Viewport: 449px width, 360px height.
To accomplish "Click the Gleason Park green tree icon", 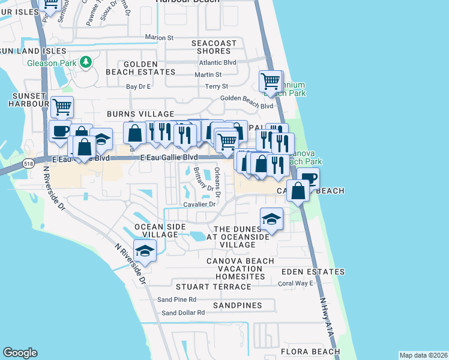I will [x=86, y=62].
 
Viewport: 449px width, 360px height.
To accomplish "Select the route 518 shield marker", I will [x=28, y=163].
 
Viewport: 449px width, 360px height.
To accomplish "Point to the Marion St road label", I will [x=159, y=38].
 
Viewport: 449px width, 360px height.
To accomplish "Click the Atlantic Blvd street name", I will [x=217, y=62].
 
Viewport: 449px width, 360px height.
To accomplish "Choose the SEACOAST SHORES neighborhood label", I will [x=214, y=47].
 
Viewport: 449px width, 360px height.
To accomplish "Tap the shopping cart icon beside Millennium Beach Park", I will [x=271, y=82].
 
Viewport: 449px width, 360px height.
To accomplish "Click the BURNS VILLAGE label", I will [x=140, y=114].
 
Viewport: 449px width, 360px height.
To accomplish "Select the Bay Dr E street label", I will [x=139, y=86].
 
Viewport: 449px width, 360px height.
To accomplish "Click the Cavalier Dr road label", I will [x=199, y=204].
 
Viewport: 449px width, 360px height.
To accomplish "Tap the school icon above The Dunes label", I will [x=271, y=220].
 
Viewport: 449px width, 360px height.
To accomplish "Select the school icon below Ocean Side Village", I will [x=145, y=251].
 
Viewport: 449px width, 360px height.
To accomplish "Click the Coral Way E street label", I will [x=295, y=283].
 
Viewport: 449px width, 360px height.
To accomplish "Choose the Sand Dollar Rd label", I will [x=183, y=313].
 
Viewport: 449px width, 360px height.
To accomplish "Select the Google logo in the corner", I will [x=20, y=353].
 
